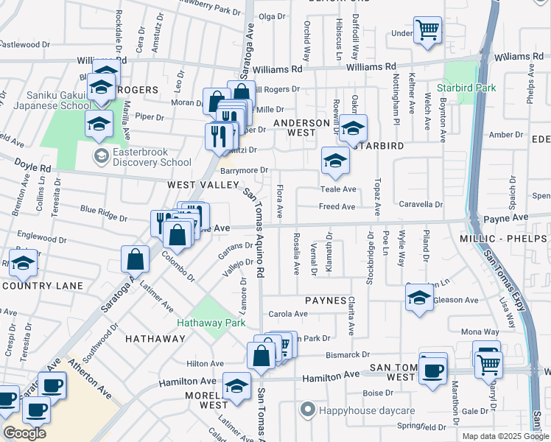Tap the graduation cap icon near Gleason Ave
click(419, 298)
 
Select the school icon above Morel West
click(236, 385)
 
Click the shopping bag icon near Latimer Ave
click(136, 259)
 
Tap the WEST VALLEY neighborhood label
click(199, 185)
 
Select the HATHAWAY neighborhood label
click(155, 339)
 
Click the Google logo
click(24, 433)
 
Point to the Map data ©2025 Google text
click(505, 436)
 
